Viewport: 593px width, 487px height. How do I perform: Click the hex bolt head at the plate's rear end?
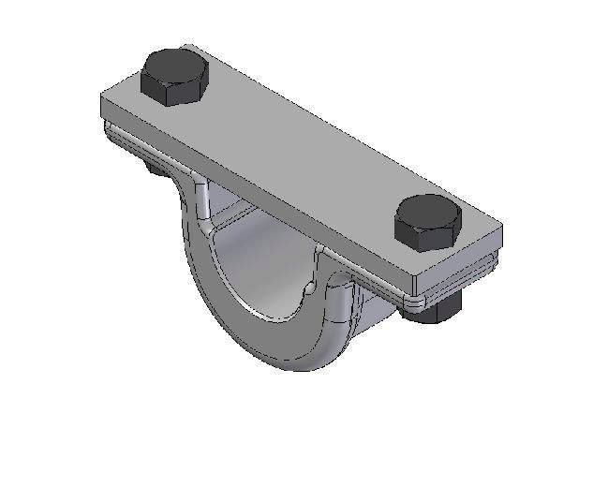[174, 76]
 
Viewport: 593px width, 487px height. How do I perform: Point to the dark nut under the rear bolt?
[151, 168]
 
